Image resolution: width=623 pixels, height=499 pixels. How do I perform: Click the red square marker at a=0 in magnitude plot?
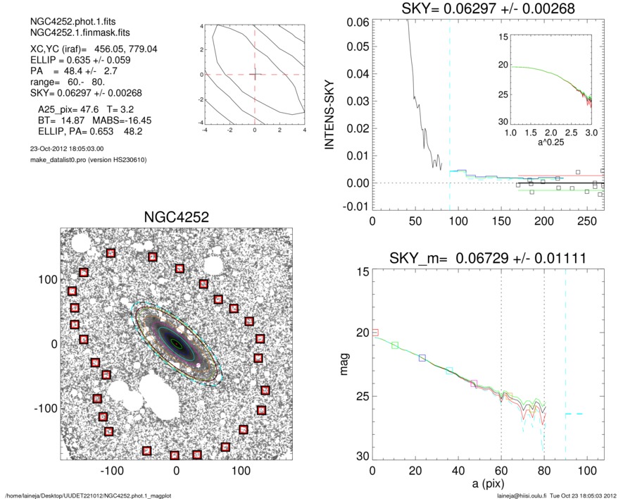[x=375, y=332]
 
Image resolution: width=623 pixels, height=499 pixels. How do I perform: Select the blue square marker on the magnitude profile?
[x=422, y=358]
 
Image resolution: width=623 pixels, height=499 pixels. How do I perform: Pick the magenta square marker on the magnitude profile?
[x=474, y=384]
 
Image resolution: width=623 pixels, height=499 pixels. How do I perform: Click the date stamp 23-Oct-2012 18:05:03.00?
[x=63, y=149]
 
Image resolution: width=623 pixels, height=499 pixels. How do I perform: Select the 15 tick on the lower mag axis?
[x=361, y=272]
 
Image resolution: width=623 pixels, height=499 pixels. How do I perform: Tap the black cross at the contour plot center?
[x=255, y=74]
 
